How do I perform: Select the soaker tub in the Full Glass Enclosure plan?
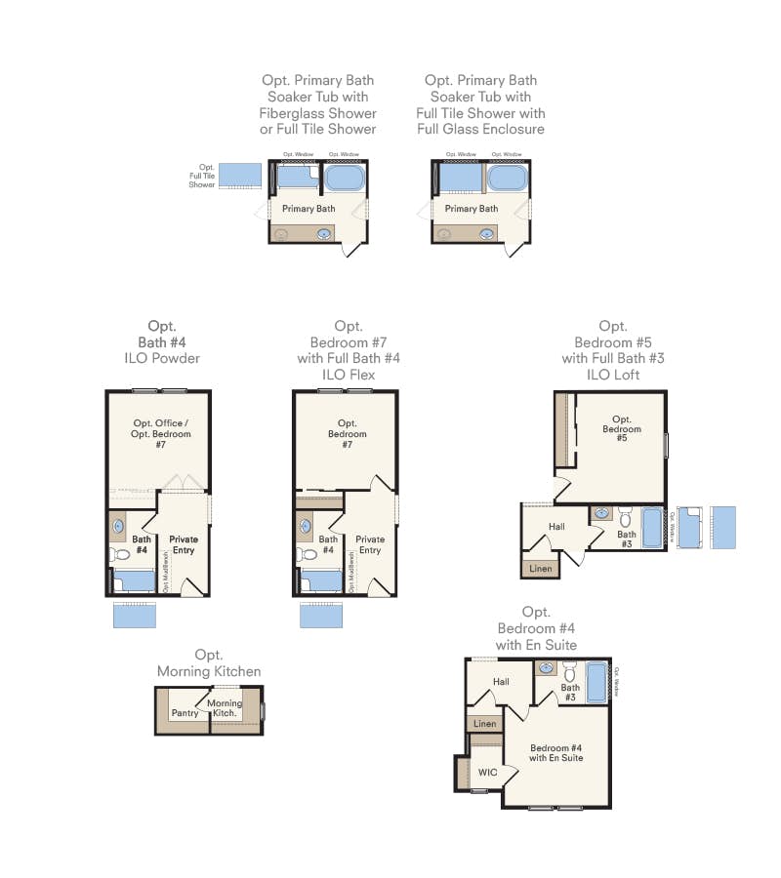point(506,178)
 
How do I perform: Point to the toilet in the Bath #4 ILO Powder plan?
point(117,554)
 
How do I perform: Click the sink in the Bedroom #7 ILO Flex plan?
point(305,526)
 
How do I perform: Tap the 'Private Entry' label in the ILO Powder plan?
point(184,544)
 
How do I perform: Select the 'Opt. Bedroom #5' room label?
point(622,428)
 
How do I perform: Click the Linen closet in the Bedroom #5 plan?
point(540,568)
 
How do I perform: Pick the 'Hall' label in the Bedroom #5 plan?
point(556,527)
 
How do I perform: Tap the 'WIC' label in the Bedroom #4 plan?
point(487,772)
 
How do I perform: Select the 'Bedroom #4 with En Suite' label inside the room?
point(556,752)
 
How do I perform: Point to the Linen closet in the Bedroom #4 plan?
point(484,724)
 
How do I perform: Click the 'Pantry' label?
point(185,713)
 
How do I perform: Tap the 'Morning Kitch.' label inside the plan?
point(225,708)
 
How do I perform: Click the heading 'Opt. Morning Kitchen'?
point(209,663)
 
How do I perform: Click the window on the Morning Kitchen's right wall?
point(263,710)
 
